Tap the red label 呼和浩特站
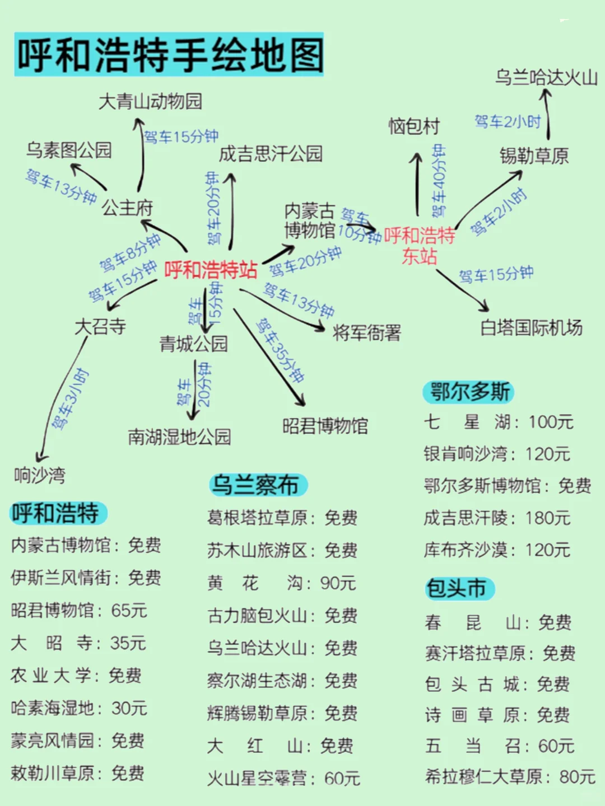tap(211, 270)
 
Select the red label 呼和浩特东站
tap(420, 246)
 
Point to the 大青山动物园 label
tap(151, 102)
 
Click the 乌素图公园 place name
tap(69, 150)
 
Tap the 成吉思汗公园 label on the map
tap(271, 154)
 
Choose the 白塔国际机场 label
tap(532, 328)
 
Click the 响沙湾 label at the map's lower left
tap(40, 476)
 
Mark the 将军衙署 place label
tap(366, 333)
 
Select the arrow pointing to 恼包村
tap(417, 184)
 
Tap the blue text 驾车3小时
tap(70, 399)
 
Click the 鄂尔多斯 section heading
tap(469, 392)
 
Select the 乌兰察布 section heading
tap(258, 485)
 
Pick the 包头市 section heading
tap(459, 589)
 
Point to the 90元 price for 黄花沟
tap(338, 583)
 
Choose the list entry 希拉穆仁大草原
tap(484, 777)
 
